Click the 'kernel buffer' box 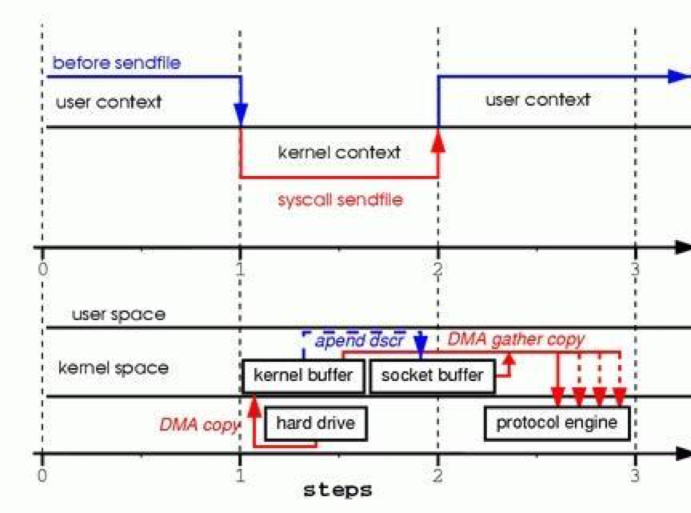[303, 375]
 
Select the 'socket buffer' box [433, 375]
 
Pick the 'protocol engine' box [557, 423]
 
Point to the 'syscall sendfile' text [340, 199]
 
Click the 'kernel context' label [339, 151]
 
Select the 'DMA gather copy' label [516, 339]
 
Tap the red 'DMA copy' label [199, 424]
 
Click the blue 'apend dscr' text [360, 340]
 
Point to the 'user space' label [118, 315]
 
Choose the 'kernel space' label [113, 368]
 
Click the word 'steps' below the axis [337, 490]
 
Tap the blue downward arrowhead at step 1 [241, 114]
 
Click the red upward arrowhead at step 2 [438, 139]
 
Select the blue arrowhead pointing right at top [679, 77]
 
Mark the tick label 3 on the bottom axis [636, 474]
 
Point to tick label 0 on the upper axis [42, 268]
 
